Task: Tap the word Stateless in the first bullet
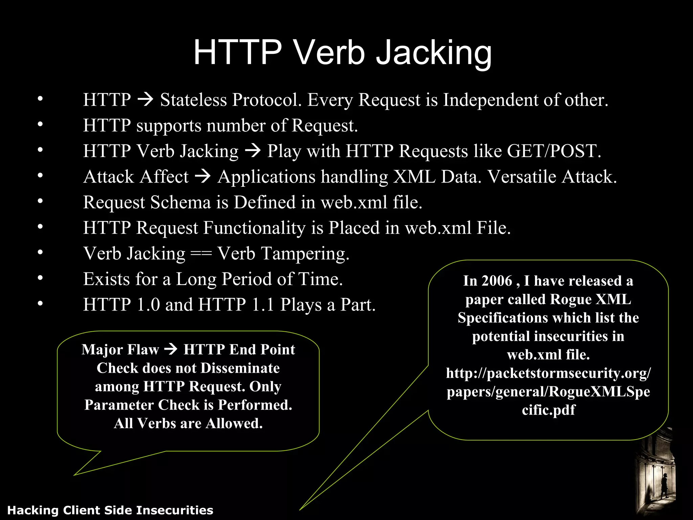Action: click(193, 100)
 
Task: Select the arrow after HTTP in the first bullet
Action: click(146, 100)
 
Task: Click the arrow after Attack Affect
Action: click(203, 176)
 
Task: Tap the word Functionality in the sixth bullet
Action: click(254, 228)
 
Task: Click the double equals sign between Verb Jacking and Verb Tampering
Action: click(201, 254)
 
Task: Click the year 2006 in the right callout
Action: click(497, 281)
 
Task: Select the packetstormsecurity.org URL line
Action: click(548, 373)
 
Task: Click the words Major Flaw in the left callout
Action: click(120, 350)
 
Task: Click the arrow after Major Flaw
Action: click(171, 349)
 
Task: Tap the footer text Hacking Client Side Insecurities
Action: click(110, 510)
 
